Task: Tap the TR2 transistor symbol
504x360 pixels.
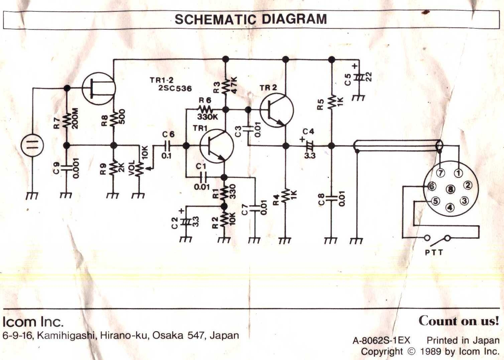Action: tap(276, 110)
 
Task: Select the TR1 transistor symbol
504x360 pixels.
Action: tap(217, 146)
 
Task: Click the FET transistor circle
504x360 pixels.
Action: tap(99, 88)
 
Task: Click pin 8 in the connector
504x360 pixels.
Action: tap(451, 190)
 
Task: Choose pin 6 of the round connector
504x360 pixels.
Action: tap(432, 186)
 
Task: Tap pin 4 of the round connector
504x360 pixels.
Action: tap(451, 208)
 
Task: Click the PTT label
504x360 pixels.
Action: tap(434, 252)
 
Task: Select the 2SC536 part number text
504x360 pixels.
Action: tap(175, 89)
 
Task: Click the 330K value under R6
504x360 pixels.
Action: tap(208, 117)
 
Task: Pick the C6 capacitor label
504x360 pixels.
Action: tap(168, 134)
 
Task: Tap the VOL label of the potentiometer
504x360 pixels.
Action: tap(132, 167)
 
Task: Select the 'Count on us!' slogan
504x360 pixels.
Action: tap(459, 321)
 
